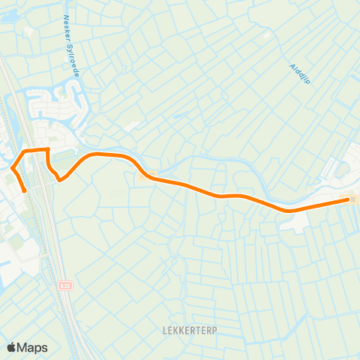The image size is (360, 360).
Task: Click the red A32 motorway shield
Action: click(x=64, y=286)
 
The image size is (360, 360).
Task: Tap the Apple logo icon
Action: click(x=12, y=347)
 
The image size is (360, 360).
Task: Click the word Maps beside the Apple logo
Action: click(x=33, y=347)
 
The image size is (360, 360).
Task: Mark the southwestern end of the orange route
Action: click(x=25, y=190)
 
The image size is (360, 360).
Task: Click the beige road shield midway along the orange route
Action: click(x=145, y=176)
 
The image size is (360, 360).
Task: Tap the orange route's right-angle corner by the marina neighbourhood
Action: click(x=48, y=150)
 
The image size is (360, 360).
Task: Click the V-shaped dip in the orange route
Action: click(x=59, y=179)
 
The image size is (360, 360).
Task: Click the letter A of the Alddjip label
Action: click(x=292, y=67)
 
